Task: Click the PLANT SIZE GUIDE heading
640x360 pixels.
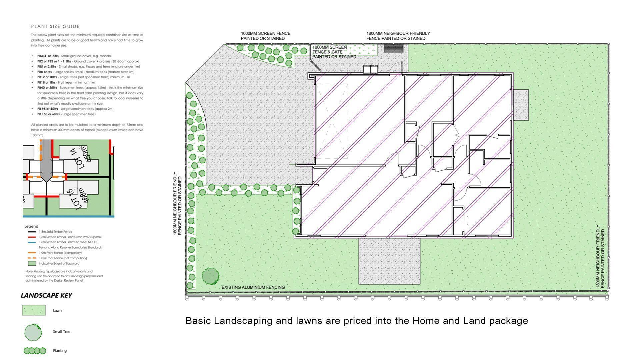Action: (x=55, y=26)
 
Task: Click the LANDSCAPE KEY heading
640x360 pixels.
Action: (x=46, y=295)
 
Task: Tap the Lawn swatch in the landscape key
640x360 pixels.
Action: (x=34, y=310)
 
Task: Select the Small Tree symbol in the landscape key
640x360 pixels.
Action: (x=33, y=332)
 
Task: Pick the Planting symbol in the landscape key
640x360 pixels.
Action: (x=35, y=351)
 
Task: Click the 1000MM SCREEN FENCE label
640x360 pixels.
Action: (x=265, y=36)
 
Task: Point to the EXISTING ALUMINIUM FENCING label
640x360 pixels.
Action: (x=253, y=287)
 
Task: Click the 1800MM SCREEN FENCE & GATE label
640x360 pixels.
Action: (x=334, y=52)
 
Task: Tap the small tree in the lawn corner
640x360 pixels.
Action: (x=211, y=276)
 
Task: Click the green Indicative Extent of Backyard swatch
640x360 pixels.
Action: (x=32, y=263)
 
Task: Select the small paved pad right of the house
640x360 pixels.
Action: (x=521, y=105)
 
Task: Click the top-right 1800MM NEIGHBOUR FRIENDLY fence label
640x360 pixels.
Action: (x=398, y=36)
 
